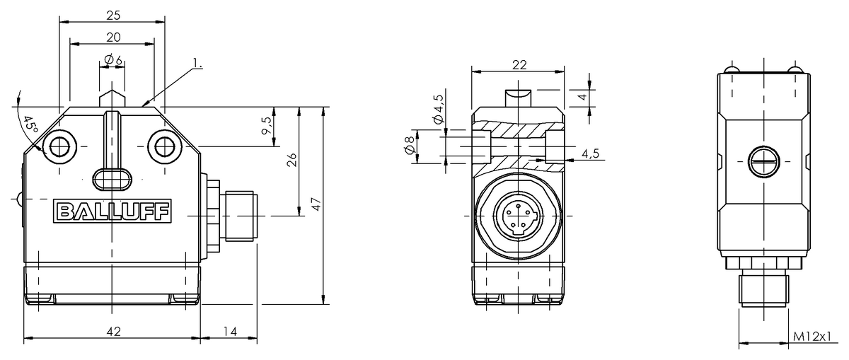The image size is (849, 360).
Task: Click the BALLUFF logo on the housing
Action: pos(112,211)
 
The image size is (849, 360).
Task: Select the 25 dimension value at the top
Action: pos(113,15)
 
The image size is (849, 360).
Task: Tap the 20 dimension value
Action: pos(113,37)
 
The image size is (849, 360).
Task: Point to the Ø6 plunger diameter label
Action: pos(113,60)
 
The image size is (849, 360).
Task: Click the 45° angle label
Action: pos(30,125)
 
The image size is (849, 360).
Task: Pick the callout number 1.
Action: pos(197,63)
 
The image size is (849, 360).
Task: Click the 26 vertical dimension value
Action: pos(291,161)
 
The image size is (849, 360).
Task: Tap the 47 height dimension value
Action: pos(316,204)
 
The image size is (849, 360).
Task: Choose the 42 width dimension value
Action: pos(113,332)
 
